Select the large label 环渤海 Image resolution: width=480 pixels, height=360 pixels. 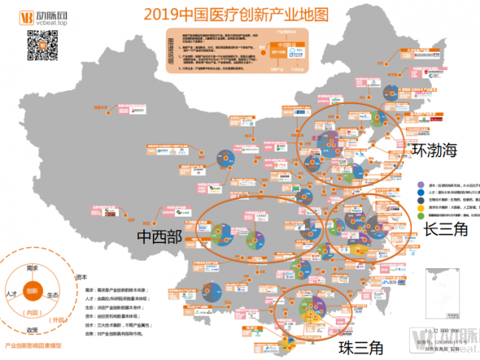434,150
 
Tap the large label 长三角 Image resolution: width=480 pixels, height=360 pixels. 446,229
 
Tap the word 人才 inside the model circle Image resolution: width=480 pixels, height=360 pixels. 10,293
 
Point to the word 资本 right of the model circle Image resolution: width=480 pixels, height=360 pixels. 81,277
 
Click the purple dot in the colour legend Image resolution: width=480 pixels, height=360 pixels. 420,185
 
